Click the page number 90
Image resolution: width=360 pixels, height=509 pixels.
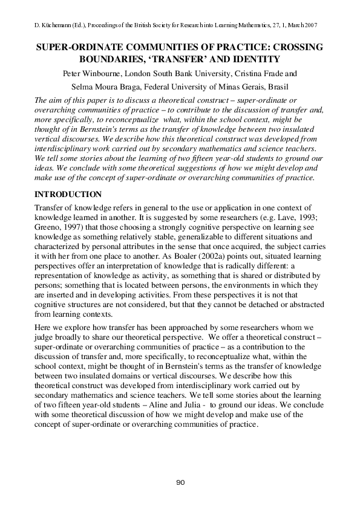180,482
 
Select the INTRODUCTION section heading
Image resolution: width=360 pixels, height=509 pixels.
71,195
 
